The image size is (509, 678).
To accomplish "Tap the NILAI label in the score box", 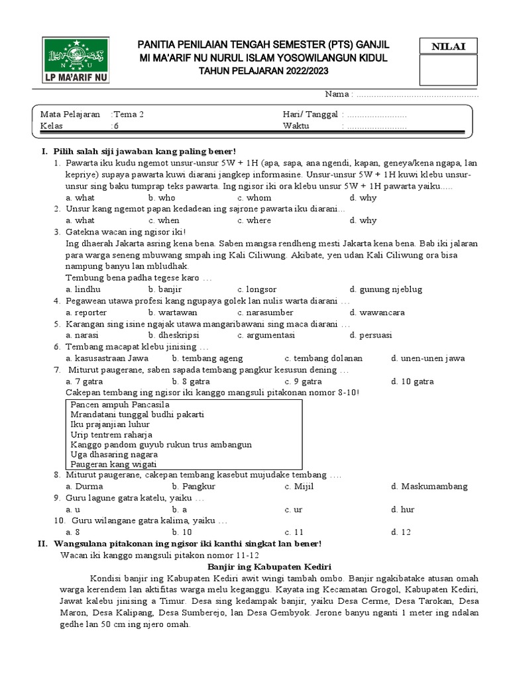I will pyautogui.click(x=449, y=46).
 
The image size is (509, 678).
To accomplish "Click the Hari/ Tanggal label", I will pyautogui.click(x=310, y=114).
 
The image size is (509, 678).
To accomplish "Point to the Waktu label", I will pyautogui.click(x=296, y=126).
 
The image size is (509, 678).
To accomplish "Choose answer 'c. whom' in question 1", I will pyautogui.click(x=254, y=197).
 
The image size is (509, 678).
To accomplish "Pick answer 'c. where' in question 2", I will pyautogui.click(x=254, y=220).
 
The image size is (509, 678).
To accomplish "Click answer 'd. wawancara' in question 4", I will pyautogui.click(x=377, y=313).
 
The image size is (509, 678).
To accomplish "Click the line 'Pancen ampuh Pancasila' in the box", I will pyautogui.click(x=120, y=404).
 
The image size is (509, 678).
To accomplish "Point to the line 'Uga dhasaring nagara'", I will pyautogui.click(x=114, y=455).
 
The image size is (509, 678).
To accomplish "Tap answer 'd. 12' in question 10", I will pyautogui.click(x=401, y=532).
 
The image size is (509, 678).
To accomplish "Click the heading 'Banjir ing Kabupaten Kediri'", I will pyautogui.click(x=269, y=567).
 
